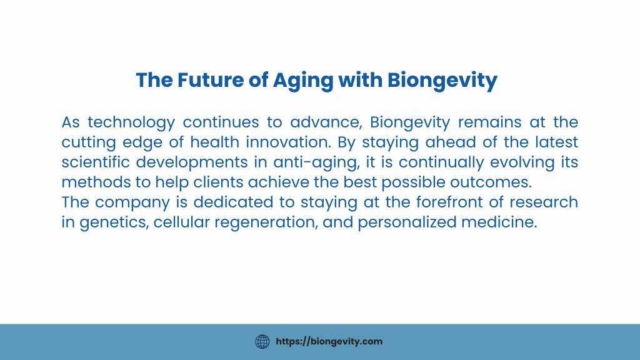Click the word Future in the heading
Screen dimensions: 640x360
(x=211, y=80)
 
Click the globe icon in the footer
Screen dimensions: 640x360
(x=262, y=342)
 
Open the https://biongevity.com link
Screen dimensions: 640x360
(x=329, y=342)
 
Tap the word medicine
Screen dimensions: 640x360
(x=499, y=222)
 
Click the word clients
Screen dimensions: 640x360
(x=218, y=182)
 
